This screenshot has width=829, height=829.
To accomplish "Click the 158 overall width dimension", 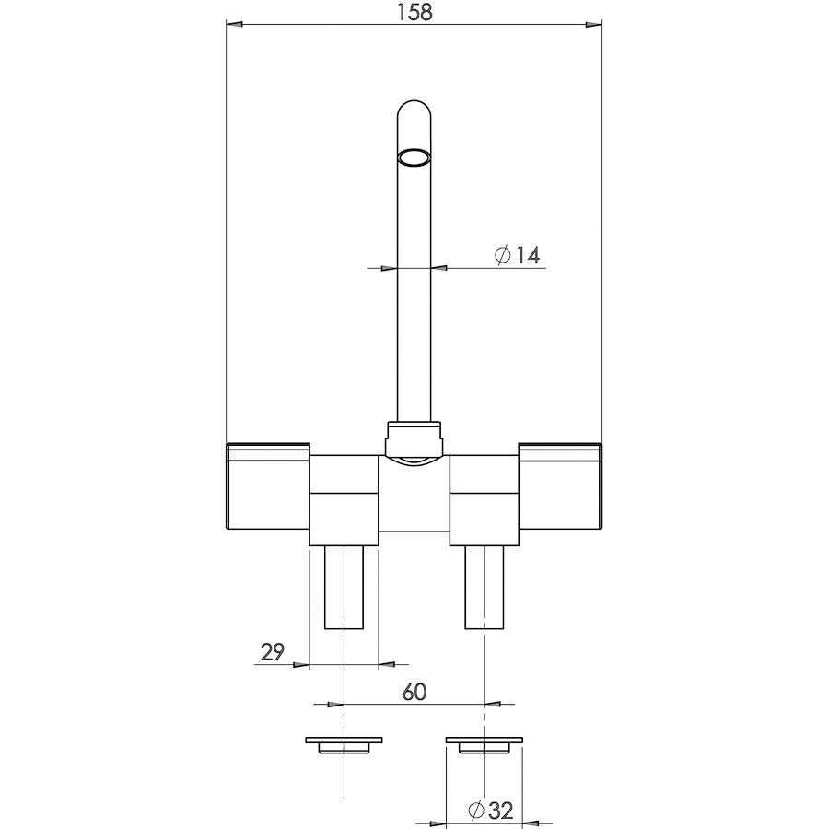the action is coord(414,12).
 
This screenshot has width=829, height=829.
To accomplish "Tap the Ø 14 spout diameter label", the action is coord(517,255).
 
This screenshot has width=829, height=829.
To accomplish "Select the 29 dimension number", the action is coord(273,652).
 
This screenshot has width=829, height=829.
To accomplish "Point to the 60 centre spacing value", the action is coord(414,692).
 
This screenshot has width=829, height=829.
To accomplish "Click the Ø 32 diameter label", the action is coord(491,810).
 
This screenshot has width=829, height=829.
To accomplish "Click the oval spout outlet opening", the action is coord(414,158).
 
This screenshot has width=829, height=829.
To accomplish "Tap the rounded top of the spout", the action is coord(414,109).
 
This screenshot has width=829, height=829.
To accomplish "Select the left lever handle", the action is coord(267,485).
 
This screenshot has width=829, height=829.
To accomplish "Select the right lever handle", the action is coord(560,485).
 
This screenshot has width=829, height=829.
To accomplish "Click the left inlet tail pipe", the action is coord(344,588).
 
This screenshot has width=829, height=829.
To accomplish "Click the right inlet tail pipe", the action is coord(485,588).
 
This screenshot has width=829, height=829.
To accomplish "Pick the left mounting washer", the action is coord(344,744).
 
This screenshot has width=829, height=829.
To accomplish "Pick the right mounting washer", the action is coord(485,744).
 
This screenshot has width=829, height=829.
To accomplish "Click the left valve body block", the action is coord(344,500).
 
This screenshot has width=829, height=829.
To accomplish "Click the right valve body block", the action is coord(484,500).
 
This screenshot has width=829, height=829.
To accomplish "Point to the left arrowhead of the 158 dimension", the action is coord(234,24).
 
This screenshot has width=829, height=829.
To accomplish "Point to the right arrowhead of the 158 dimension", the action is coord(594,24).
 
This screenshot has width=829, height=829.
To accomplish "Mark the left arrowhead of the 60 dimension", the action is coord(335,705).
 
